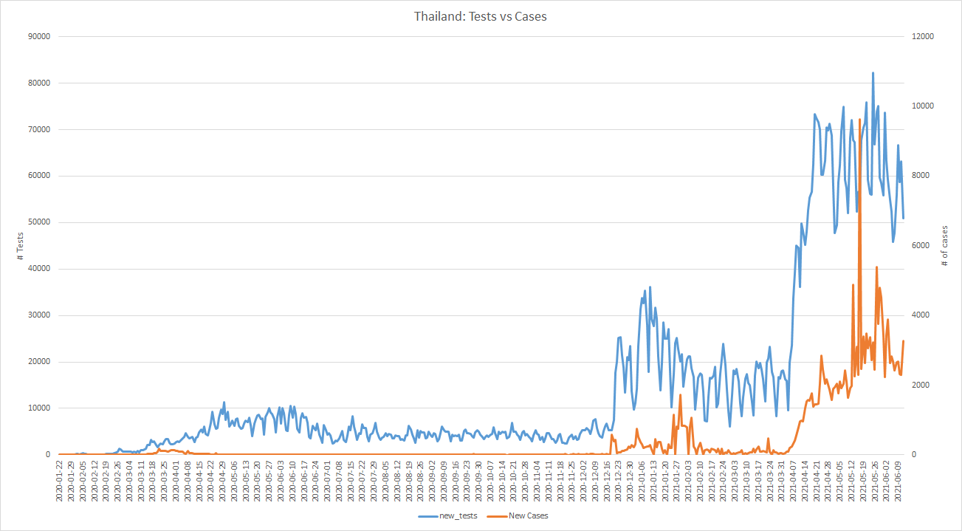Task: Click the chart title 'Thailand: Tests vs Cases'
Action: [481, 16]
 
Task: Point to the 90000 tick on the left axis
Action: [38, 36]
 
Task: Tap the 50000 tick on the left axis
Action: [38, 222]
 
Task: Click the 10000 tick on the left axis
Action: [38, 408]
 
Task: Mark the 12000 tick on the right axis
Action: [923, 36]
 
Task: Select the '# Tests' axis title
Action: [20, 245]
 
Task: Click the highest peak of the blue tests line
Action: [873, 72]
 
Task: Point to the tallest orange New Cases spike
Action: [859, 119]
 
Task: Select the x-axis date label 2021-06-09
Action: [897, 481]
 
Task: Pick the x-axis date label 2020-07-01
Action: [327, 481]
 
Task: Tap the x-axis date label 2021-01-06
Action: [641, 481]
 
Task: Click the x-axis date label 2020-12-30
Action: [629, 481]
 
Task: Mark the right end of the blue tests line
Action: [903, 219]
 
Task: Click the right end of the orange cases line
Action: [903, 341]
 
